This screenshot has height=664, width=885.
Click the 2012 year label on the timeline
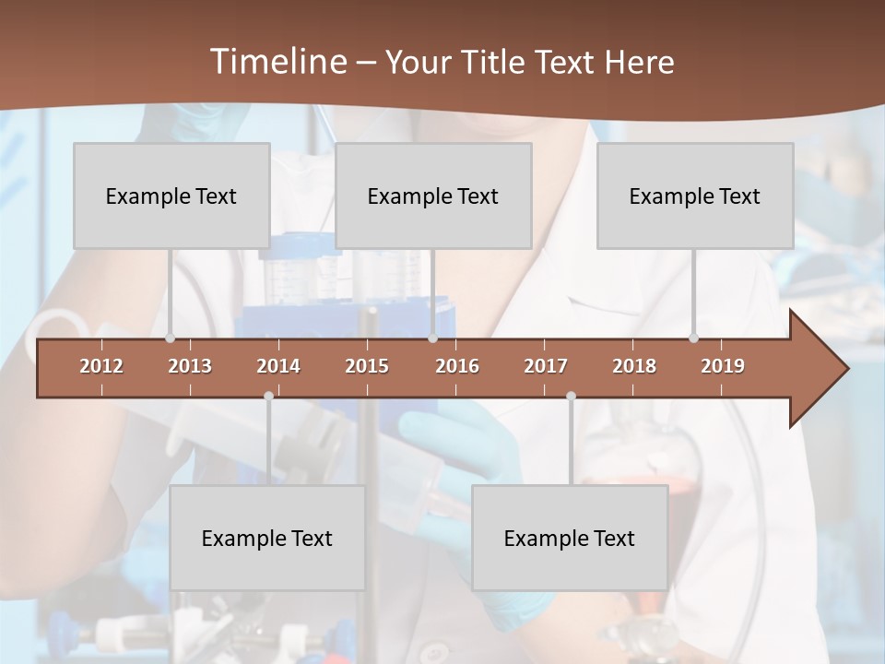click(101, 366)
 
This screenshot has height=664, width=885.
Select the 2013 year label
click(190, 366)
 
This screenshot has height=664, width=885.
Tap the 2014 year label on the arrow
click(278, 366)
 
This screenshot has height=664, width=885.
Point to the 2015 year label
click(367, 366)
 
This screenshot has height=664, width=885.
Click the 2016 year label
click(457, 366)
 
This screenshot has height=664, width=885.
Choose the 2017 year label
click(546, 366)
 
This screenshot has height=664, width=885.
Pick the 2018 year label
click(634, 366)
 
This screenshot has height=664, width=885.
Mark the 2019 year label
click(723, 366)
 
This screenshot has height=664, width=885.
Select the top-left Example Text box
click(171, 196)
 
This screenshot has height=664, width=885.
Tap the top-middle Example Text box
click(433, 196)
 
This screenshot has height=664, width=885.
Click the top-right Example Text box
click(695, 196)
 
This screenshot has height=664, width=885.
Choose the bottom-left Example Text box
click(267, 538)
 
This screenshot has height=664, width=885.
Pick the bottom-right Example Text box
click(570, 538)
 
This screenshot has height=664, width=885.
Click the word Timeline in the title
click(277, 62)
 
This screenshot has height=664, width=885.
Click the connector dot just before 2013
click(170, 338)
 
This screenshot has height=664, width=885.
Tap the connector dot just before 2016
click(433, 338)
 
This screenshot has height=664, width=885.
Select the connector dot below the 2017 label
click(571, 396)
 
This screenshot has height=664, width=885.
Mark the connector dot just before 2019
click(693, 338)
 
